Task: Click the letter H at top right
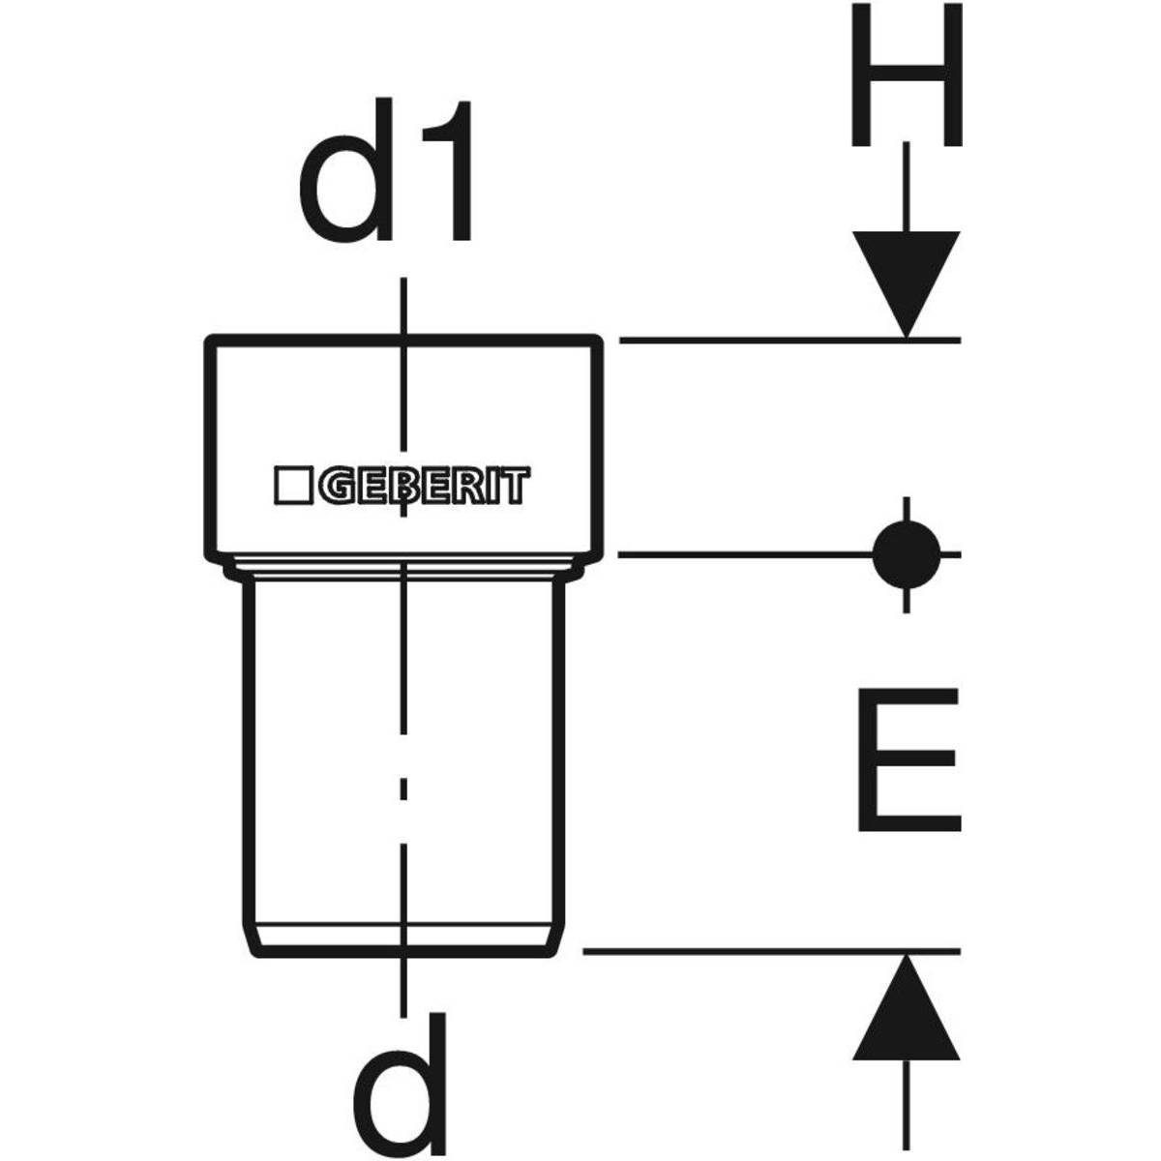906,75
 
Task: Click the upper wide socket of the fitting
403,445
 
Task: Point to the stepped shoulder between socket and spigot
403,568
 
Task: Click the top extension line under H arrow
789,341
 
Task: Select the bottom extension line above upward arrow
772,952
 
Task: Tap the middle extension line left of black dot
746,554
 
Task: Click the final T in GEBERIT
518,486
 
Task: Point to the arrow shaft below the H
906,187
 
